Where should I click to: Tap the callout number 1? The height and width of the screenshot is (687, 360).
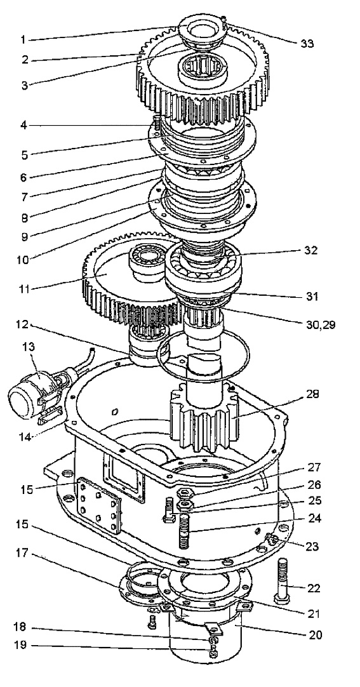[x=23, y=39]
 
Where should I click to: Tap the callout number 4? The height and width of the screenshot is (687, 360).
[x=23, y=125]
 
